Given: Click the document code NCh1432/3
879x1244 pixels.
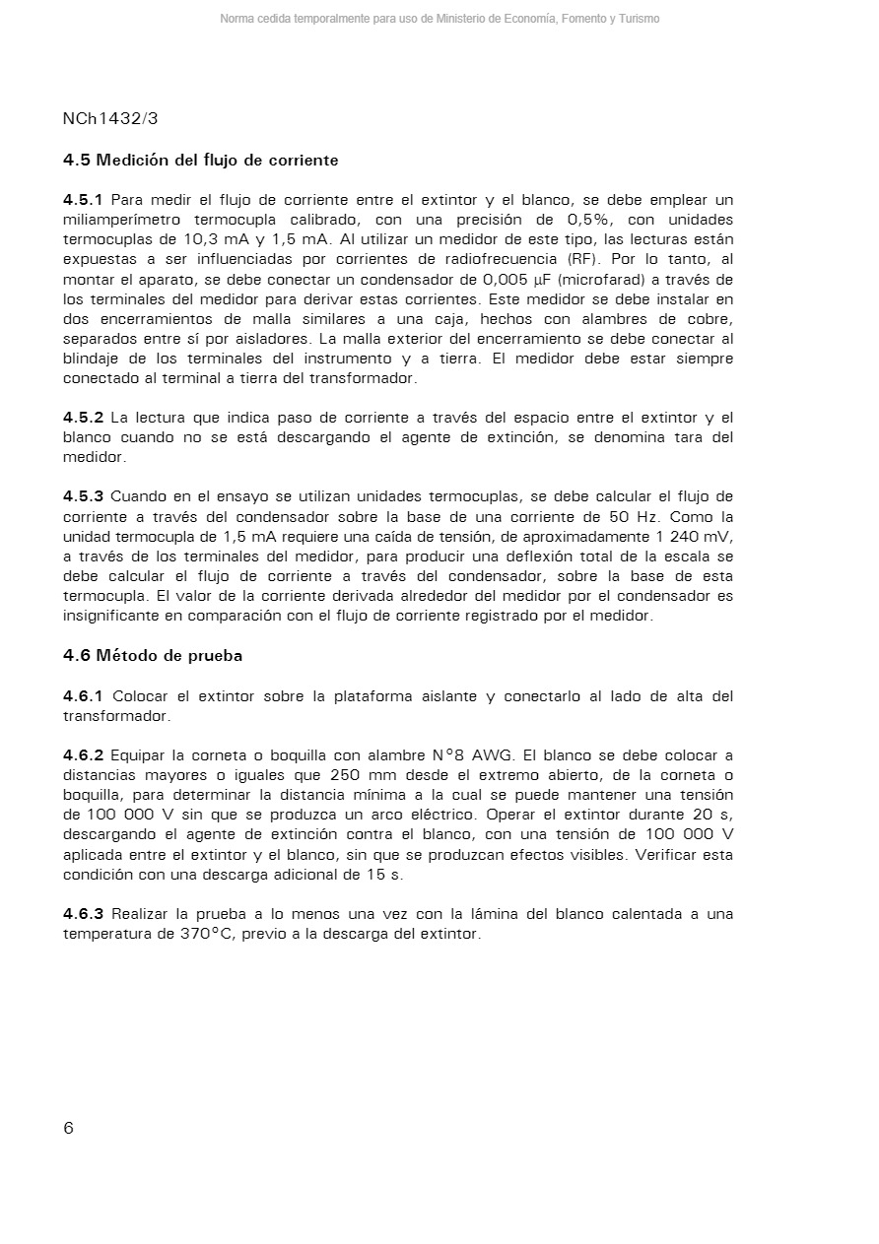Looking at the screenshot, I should (110, 118).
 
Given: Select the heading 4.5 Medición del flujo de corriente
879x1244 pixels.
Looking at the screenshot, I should (200, 160).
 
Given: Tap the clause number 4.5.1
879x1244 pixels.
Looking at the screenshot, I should (83, 200).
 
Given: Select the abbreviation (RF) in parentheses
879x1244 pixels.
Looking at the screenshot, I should (584, 260).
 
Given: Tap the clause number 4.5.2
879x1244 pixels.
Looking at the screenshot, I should (83, 418).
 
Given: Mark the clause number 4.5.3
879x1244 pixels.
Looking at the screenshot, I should (83, 496).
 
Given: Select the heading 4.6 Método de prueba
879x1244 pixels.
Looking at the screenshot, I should (153, 655).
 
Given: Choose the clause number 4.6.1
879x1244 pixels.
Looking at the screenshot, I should (83, 696).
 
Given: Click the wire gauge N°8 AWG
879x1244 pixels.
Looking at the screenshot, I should (466, 755).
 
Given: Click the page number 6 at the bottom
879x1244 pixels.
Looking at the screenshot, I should (68, 1129).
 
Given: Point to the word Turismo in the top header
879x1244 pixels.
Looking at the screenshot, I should (640, 19).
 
